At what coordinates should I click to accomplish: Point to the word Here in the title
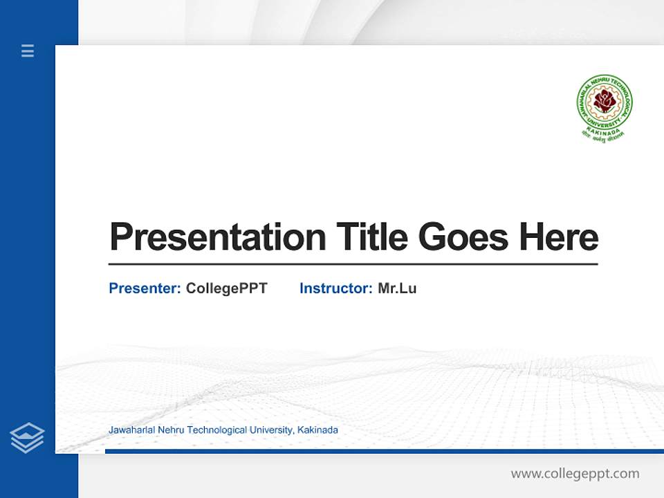pos(558,237)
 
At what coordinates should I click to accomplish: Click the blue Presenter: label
pos(145,288)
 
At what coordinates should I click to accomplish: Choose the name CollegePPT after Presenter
pos(226,288)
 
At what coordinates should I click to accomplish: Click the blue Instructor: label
pos(335,288)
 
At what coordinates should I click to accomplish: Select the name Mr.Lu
pos(397,288)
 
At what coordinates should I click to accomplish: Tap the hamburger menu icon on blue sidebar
pos(28,50)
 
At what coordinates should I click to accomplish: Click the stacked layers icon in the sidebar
pos(27,438)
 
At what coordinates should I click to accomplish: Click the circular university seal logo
pos(605,104)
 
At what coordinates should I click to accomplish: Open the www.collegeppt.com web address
pos(575,474)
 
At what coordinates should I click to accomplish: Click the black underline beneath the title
pos(353,264)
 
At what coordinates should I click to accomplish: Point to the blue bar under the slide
pos(384,451)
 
